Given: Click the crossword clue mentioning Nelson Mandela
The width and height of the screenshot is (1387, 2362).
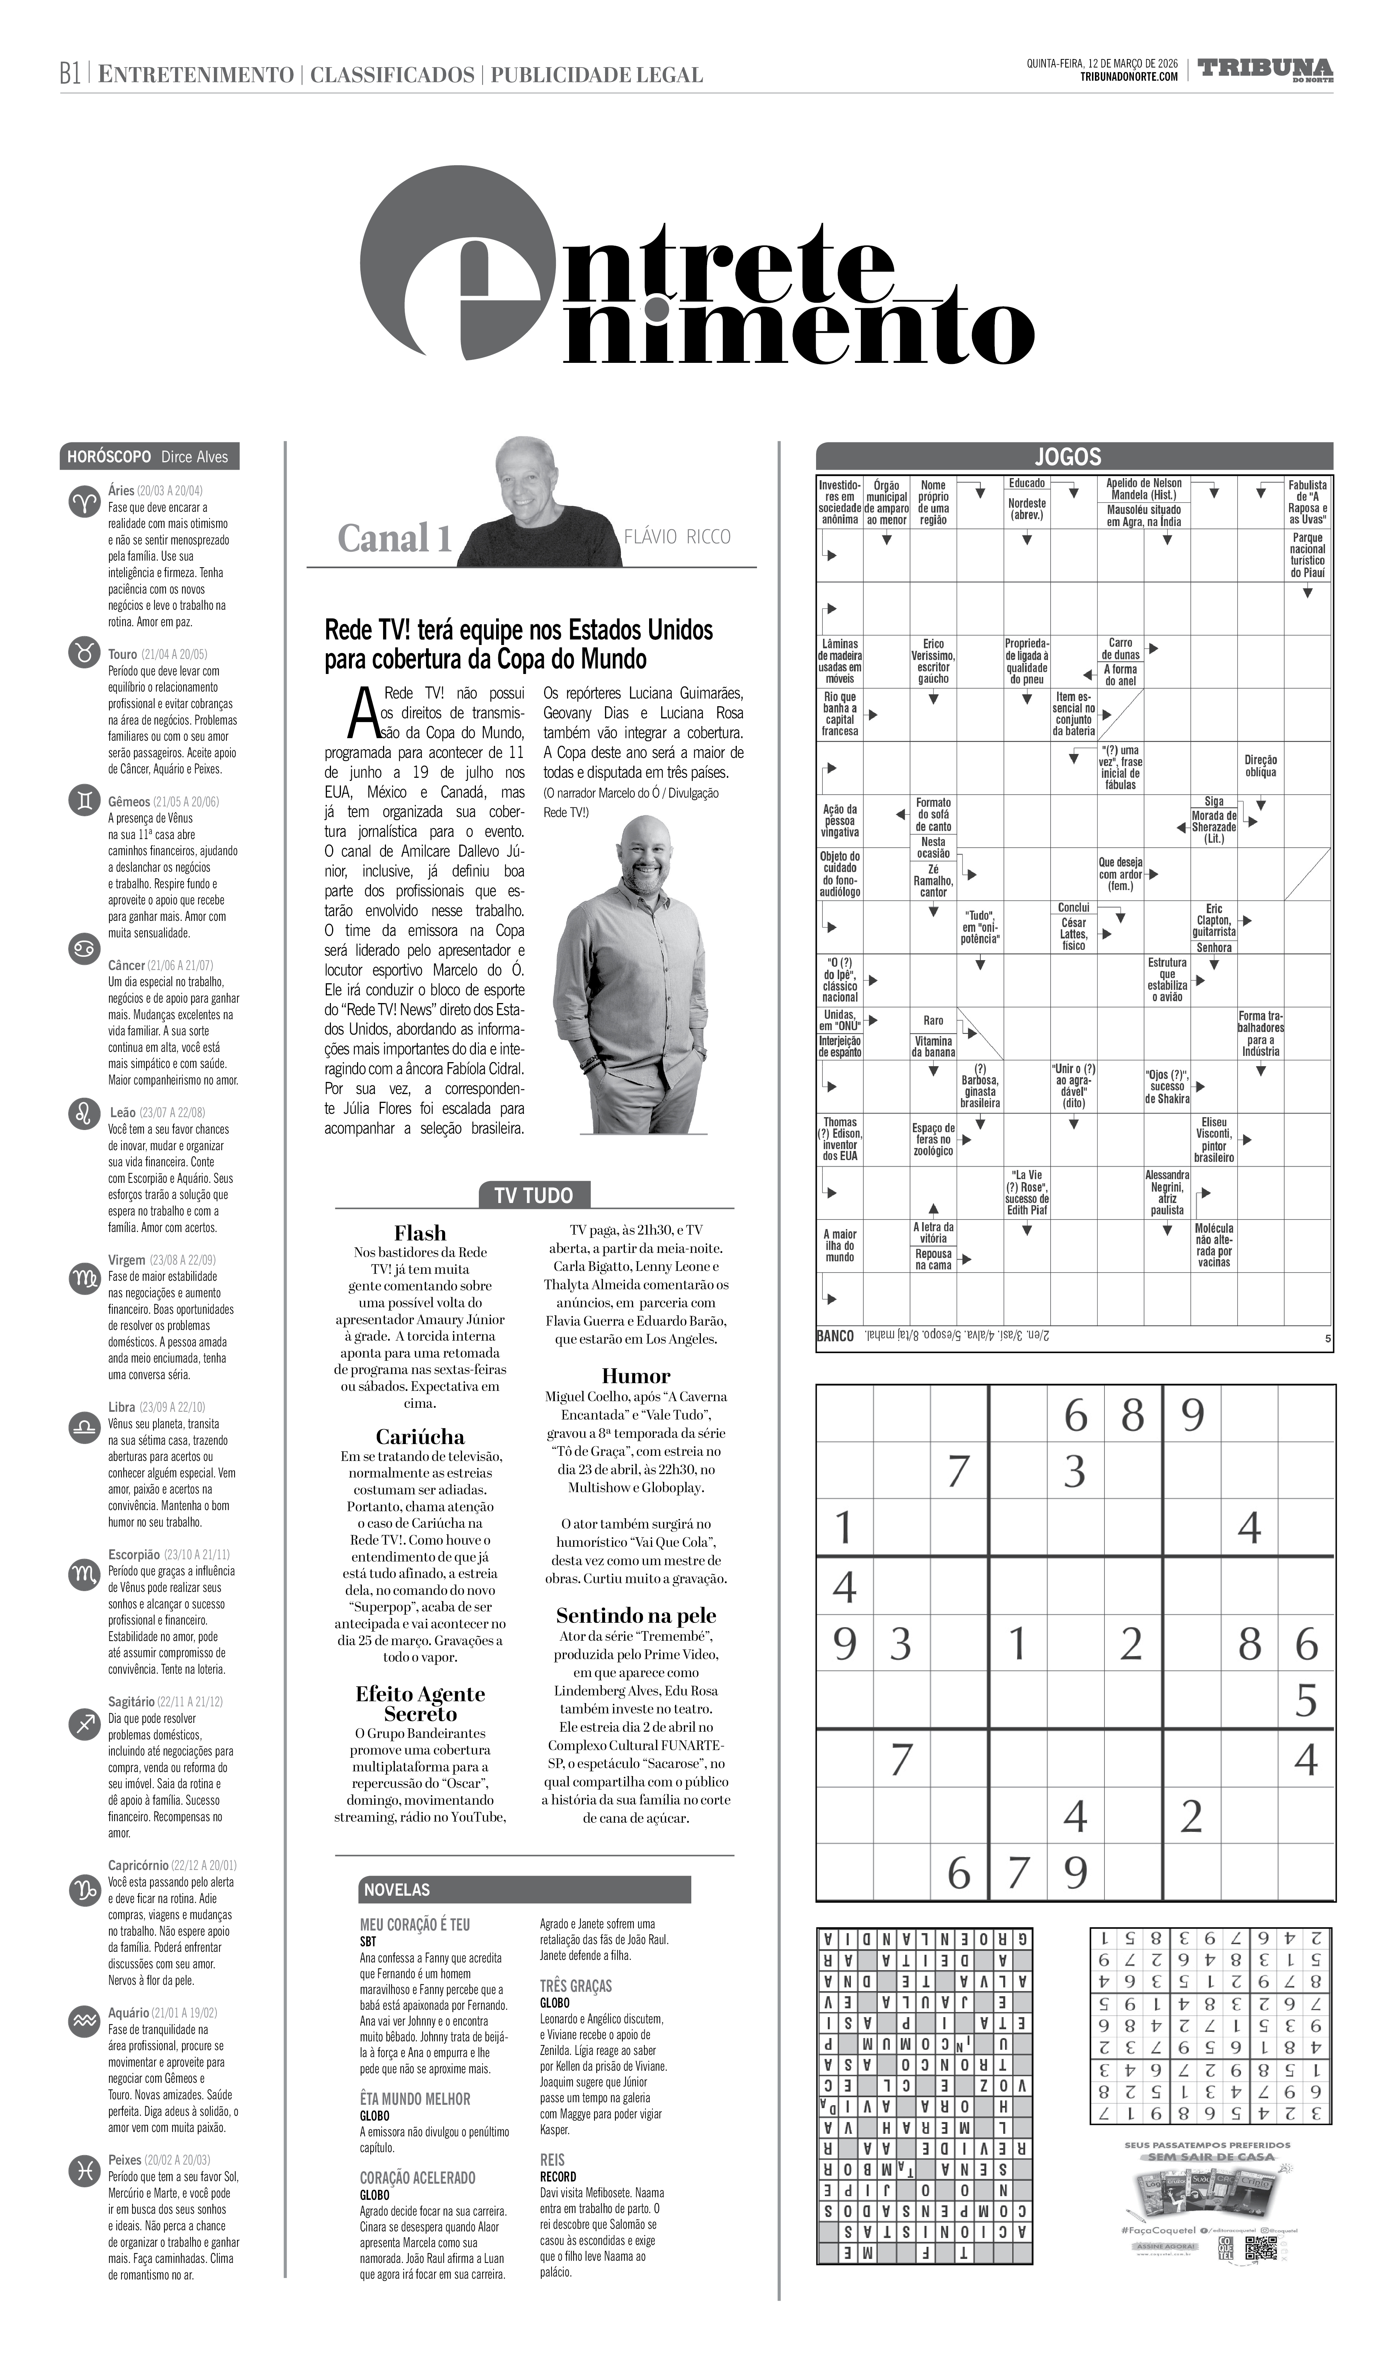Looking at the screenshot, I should click(1143, 488).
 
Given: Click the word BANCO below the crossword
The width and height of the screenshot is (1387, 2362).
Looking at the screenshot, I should click(835, 1336).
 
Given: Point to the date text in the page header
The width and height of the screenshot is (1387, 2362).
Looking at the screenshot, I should click(1102, 63).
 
